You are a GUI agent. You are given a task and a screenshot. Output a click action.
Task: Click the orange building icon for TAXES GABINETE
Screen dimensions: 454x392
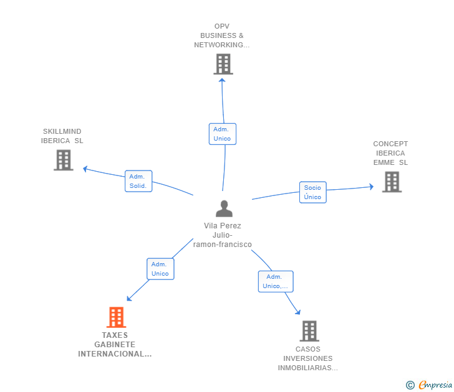click(116, 317)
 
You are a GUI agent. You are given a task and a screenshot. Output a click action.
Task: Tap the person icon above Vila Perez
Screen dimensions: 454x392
click(224, 208)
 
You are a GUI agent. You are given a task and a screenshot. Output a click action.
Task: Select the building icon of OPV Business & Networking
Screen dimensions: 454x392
click(223, 64)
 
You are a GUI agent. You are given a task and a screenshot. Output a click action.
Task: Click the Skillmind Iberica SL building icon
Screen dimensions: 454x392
click(64, 160)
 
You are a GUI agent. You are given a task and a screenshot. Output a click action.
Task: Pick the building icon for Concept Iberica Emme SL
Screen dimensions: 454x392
click(392, 182)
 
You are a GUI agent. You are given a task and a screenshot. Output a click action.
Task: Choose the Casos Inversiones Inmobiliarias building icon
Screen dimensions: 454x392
click(309, 331)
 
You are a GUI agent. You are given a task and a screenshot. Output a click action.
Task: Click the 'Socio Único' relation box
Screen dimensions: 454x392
click(312, 192)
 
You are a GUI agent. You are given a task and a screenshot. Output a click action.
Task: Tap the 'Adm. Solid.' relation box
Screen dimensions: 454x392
click(138, 181)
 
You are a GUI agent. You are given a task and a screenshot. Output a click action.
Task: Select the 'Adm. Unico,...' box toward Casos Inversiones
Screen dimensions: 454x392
click(276, 281)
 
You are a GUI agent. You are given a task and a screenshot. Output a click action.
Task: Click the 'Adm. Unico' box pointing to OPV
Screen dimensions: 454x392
click(223, 134)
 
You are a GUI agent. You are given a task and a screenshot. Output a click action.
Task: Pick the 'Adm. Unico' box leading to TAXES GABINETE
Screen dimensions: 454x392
click(160, 269)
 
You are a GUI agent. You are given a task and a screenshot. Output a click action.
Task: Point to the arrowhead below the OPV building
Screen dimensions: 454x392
click(222, 80)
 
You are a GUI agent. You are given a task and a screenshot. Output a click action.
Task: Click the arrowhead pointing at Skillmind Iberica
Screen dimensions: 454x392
click(85, 169)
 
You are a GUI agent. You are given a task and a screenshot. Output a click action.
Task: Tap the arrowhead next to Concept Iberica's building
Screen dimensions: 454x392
click(372, 187)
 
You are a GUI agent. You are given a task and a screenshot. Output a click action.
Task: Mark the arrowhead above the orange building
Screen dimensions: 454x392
click(129, 299)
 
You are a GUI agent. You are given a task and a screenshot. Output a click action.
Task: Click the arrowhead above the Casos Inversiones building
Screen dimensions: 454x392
click(298, 312)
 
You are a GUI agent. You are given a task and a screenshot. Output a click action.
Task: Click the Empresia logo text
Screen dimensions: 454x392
click(435, 385)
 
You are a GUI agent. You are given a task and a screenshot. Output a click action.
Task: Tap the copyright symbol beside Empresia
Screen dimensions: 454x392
click(410, 385)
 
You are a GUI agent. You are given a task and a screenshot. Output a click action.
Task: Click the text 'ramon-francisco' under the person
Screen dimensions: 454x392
click(223, 245)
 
